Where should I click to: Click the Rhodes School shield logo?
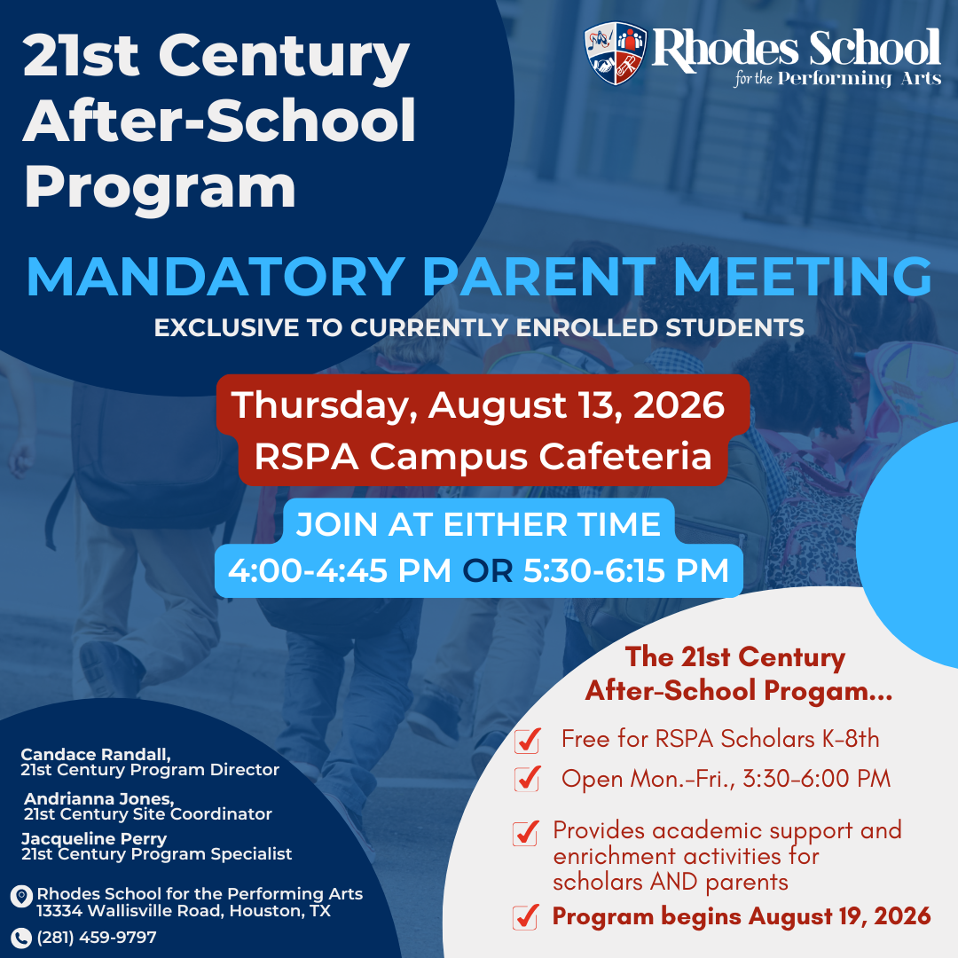click(x=616, y=53)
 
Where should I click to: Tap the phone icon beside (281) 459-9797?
click(x=20, y=938)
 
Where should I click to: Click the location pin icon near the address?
click(x=21, y=896)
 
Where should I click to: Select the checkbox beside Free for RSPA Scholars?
click(x=527, y=740)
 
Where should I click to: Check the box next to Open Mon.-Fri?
click(x=527, y=779)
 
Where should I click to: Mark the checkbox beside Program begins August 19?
click(x=525, y=917)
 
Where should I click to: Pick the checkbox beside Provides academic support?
click(x=525, y=833)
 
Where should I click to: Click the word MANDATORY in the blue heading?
click(x=216, y=277)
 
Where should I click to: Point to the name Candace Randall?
click(x=95, y=755)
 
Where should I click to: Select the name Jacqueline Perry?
click(x=94, y=839)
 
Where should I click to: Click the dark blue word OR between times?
click(x=488, y=570)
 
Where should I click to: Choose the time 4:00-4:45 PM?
click(x=340, y=570)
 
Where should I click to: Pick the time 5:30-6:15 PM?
click(x=626, y=570)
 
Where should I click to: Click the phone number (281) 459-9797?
click(x=97, y=938)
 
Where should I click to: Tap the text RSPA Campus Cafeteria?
click(x=483, y=457)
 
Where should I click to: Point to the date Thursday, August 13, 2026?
click(x=478, y=405)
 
